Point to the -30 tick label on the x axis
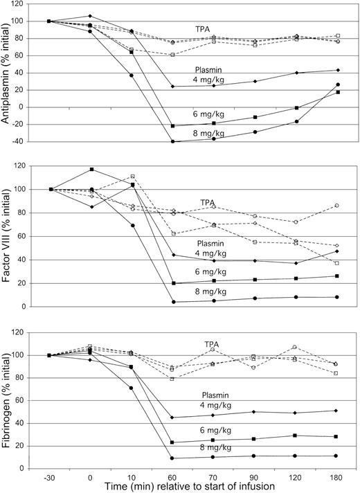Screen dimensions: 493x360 click(48, 476)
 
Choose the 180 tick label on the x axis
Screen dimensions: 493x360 click(336, 476)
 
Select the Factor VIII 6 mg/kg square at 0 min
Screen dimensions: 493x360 click(90, 170)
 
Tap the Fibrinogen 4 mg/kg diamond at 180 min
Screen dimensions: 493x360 click(336, 411)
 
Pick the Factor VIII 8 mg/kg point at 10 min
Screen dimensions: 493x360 click(131, 226)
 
